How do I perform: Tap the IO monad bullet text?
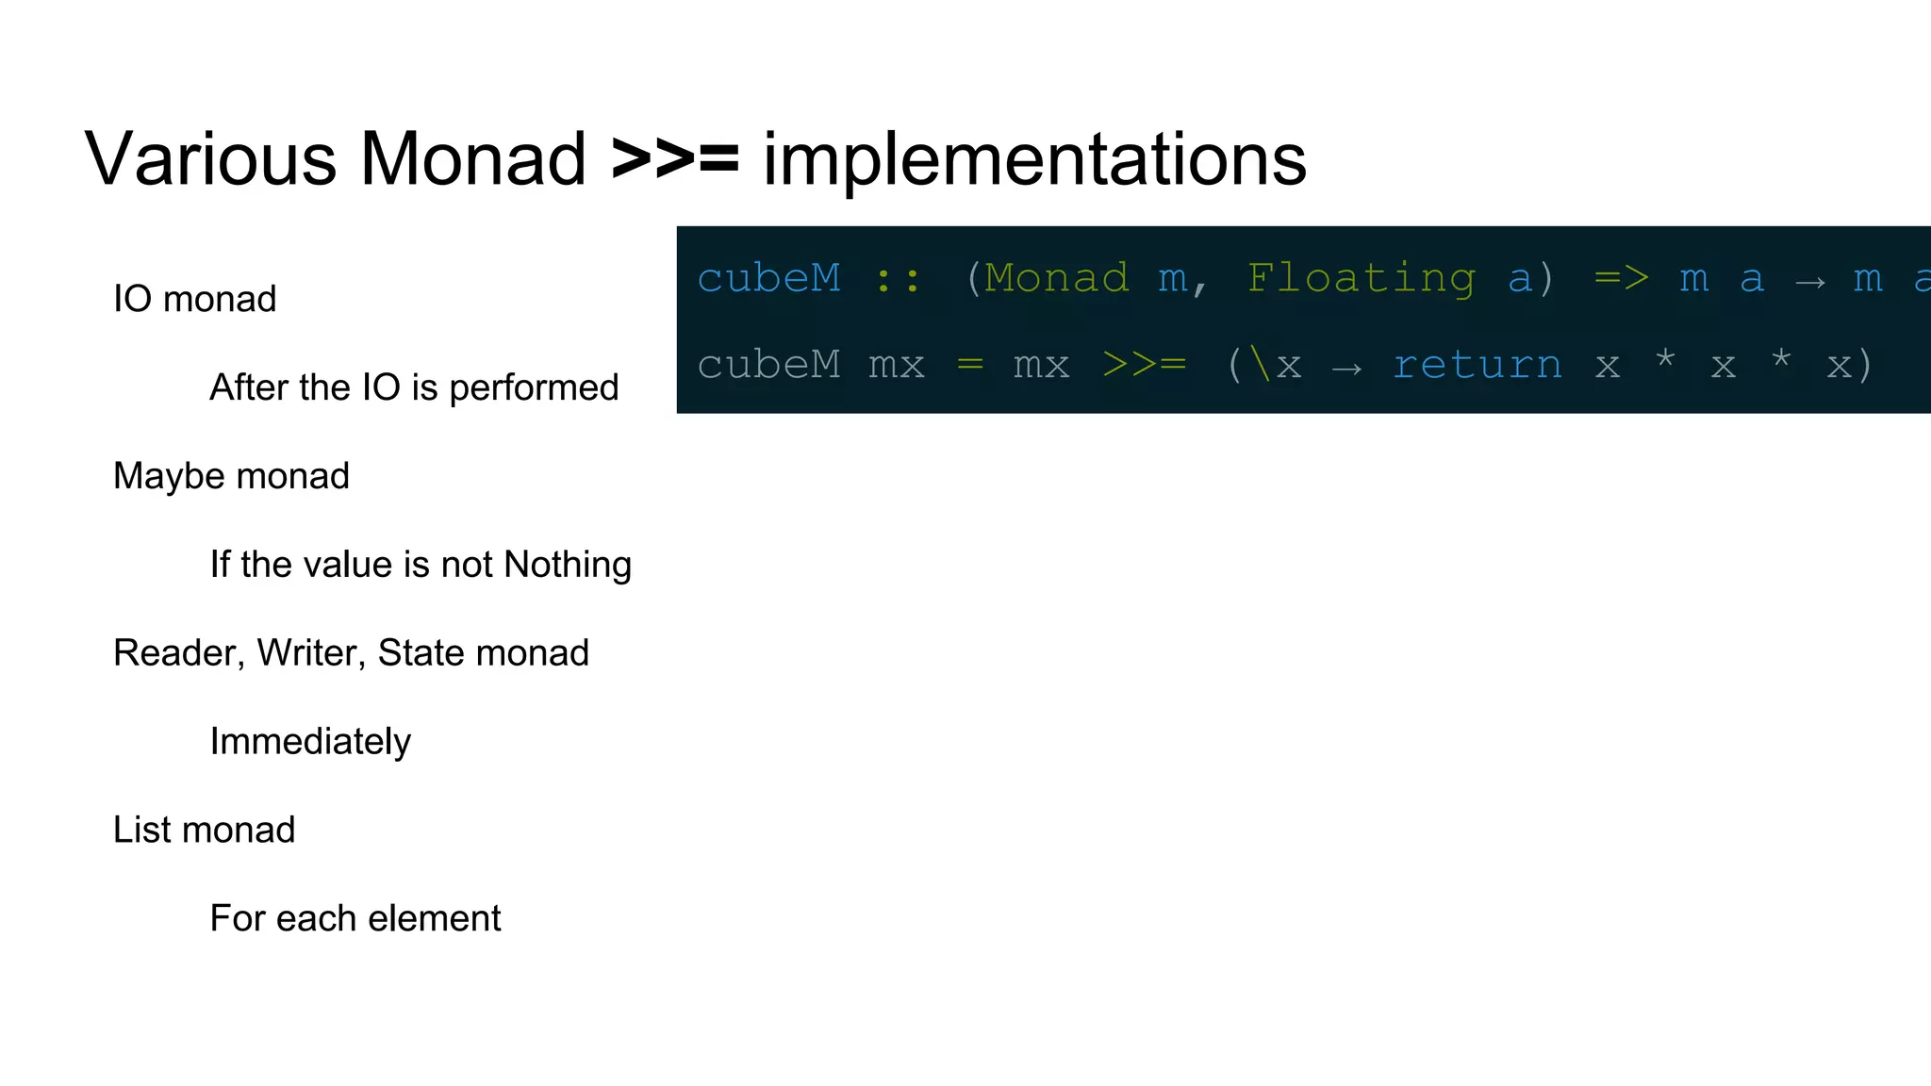coord(194,300)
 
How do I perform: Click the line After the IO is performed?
coord(414,387)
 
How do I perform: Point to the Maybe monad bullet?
coord(231,476)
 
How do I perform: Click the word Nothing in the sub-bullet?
coord(568,565)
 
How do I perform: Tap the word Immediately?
coord(310,742)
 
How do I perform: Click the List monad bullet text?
coord(204,831)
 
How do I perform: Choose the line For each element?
coord(355,918)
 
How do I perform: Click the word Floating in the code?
coord(1361,279)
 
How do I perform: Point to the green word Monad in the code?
coord(1057,279)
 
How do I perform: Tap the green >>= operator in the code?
coord(1144,365)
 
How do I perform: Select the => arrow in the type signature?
coord(1621,279)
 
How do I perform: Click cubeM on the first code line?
coord(768,279)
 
